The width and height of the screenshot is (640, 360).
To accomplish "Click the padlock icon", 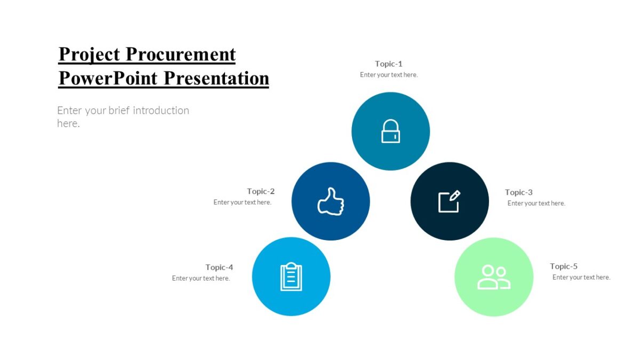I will coord(390,131).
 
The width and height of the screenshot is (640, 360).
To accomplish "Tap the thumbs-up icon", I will coord(331,202).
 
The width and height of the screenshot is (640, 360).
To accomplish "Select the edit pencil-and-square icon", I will coord(449,202).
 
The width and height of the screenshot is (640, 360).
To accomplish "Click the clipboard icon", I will coord(291,277).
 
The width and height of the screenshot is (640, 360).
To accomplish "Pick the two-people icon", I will coord(494,277).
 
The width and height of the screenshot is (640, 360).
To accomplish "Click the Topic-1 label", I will coord(389,64).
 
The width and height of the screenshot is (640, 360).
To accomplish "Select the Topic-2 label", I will coord(261,191).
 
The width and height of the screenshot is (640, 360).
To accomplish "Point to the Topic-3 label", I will coord(519,193).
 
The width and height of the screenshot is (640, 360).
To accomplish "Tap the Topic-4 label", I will coord(219,267).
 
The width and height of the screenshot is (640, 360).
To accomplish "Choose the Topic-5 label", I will coord(564,266).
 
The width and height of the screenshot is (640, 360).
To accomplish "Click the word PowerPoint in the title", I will coord(108,78).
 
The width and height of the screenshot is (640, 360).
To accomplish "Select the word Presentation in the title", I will coord(216,78).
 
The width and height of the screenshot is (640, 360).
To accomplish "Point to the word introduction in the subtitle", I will coord(161,110).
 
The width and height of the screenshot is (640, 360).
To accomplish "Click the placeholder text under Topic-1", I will coord(389,75).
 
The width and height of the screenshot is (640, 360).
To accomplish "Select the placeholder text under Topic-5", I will coord(581,277).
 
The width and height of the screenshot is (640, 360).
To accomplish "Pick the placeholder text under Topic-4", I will coord(201,278).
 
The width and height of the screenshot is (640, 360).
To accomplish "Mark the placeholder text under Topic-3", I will coord(537,203).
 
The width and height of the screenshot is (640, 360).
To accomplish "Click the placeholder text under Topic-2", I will coord(243,203).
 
